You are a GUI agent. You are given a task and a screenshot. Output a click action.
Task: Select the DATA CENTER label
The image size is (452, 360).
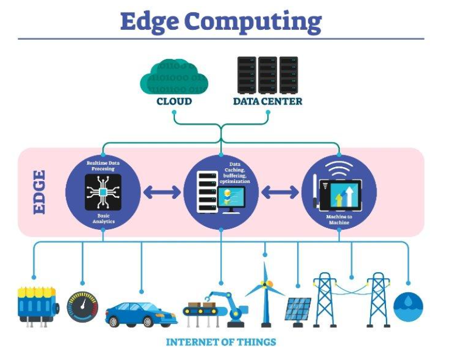coord(267,101)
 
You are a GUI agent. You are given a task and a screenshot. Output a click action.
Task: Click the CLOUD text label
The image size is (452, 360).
coord(174,101)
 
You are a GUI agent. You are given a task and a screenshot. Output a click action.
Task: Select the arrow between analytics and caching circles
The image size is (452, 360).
coord(162,192)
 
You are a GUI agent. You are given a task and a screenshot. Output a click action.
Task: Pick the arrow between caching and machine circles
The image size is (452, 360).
coord(279,192)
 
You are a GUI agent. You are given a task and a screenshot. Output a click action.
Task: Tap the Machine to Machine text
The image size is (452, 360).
coord(339,219)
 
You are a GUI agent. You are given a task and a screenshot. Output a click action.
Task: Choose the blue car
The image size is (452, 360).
coord(141,313)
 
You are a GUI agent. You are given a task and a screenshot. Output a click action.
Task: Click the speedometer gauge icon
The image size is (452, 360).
coord(83,304)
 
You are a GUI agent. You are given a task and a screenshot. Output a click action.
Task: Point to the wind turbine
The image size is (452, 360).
coord(265,292)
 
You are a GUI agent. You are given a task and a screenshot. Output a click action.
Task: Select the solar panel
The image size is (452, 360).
coord(298,309)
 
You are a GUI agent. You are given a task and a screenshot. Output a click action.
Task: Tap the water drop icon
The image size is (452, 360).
coord(408,307)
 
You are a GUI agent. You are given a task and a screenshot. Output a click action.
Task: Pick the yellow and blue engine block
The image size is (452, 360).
coord(37,303)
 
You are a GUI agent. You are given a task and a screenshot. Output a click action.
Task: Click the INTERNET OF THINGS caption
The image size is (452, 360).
coord(220,342)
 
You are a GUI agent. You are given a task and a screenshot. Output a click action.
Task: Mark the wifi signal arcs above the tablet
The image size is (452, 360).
coord(340,165)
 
